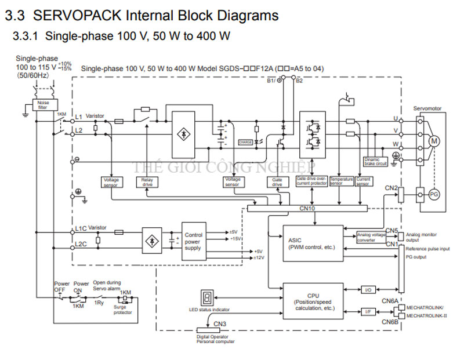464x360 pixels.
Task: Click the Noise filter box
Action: (x=43, y=105)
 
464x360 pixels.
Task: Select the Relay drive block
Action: (x=146, y=182)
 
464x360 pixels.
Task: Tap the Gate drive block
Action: (x=277, y=182)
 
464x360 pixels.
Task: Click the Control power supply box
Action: (x=193, y=239)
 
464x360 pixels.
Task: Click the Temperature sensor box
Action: (x=342, y=181)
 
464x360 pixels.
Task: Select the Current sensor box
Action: (x=364, y=181)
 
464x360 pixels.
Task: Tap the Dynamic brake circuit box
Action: (x=375, y=162)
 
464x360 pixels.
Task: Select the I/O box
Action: (x=368, y=289)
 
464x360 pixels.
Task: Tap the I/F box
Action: (x=368, y=311)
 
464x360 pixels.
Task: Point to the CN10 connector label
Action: (x=307, y=207)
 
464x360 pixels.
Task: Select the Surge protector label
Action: (x=123, y=310)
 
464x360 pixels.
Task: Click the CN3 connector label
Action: (x=220, y=323)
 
